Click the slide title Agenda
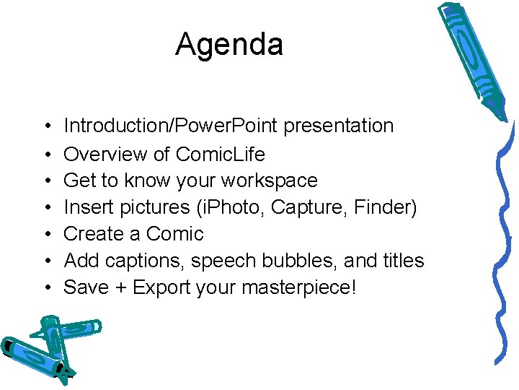pyautogui.click(x=229, y=45)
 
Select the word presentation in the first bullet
pyautogui.click(x=338, y=126)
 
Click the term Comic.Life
pyautogui.click(x=220, y=155)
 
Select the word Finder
pyautogui.click(x=383, y=208)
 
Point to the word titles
pyautogui.click(x=400, y=261)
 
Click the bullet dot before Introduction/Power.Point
pyautogui.click(x=45, y=127)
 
